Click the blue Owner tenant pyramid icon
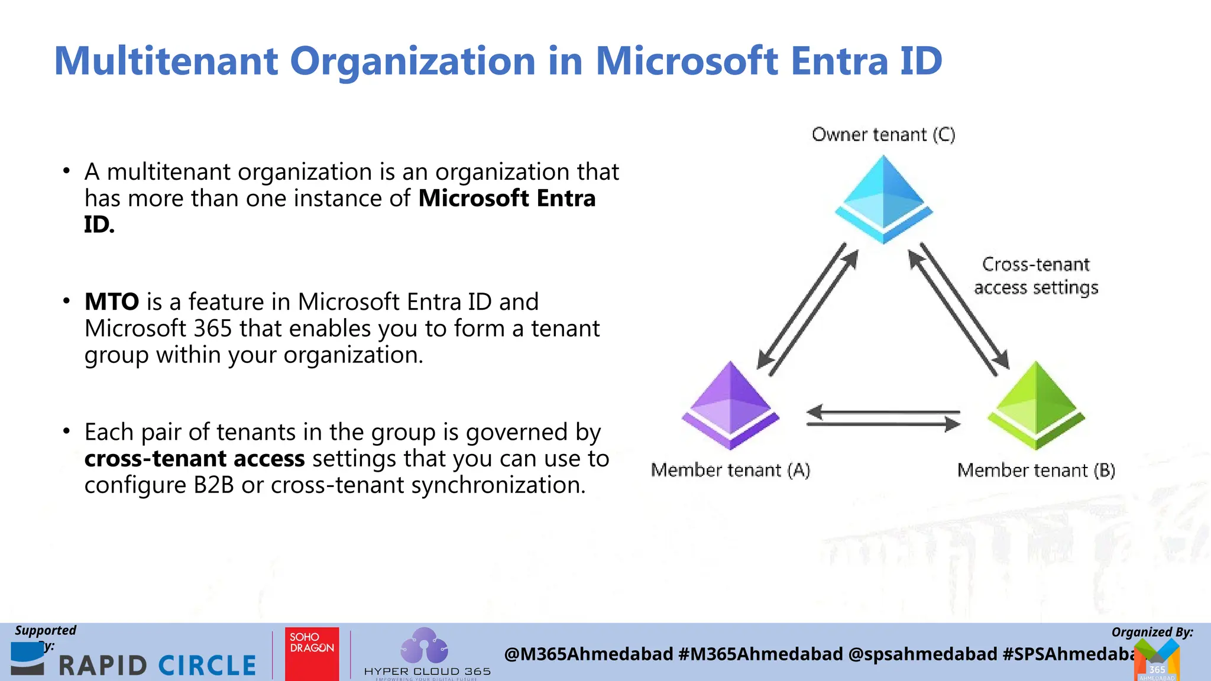pyautogui.click(x=883, y=199)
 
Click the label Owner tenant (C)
pyautogui.click(x=883, y=135)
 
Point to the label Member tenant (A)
pyautogui.click(x=730, y=471)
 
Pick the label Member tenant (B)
pyautogui.click(x=1036, y=471)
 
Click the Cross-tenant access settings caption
pyautogui.click(x=1036, y=276)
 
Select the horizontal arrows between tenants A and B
pyautogui.click(x=883, y=418)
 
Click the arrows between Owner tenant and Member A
pyautogui.click(x=808, y=309)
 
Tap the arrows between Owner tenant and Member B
pyautogui.click(x=959, y=309)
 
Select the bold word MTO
pyautogui.click(x=112, y=302)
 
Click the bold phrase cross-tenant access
pyautogui.click(x=195, y=459)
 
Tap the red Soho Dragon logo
pyautogui.click(x=312, y=653)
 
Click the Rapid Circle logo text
pyautogui.click(x=157, y=666)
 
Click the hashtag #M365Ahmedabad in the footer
pyautogui.click(x=760, y=654)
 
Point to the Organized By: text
pyautogui.click(x=1152, y=632)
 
